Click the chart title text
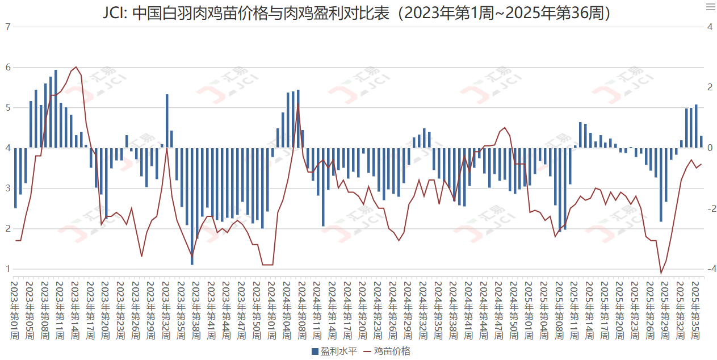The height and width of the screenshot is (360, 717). click(358, 12)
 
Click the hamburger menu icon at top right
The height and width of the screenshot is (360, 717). click(710, 7)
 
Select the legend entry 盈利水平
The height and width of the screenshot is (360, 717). click(334, 351)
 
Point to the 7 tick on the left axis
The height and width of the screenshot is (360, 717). click(7, 27)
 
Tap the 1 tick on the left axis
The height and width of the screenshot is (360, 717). click(7, 269)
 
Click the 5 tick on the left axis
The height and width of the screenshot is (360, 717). click(7, 107)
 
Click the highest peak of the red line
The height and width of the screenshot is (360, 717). click(76, 67)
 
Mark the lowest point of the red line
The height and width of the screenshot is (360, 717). click(661, 273)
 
